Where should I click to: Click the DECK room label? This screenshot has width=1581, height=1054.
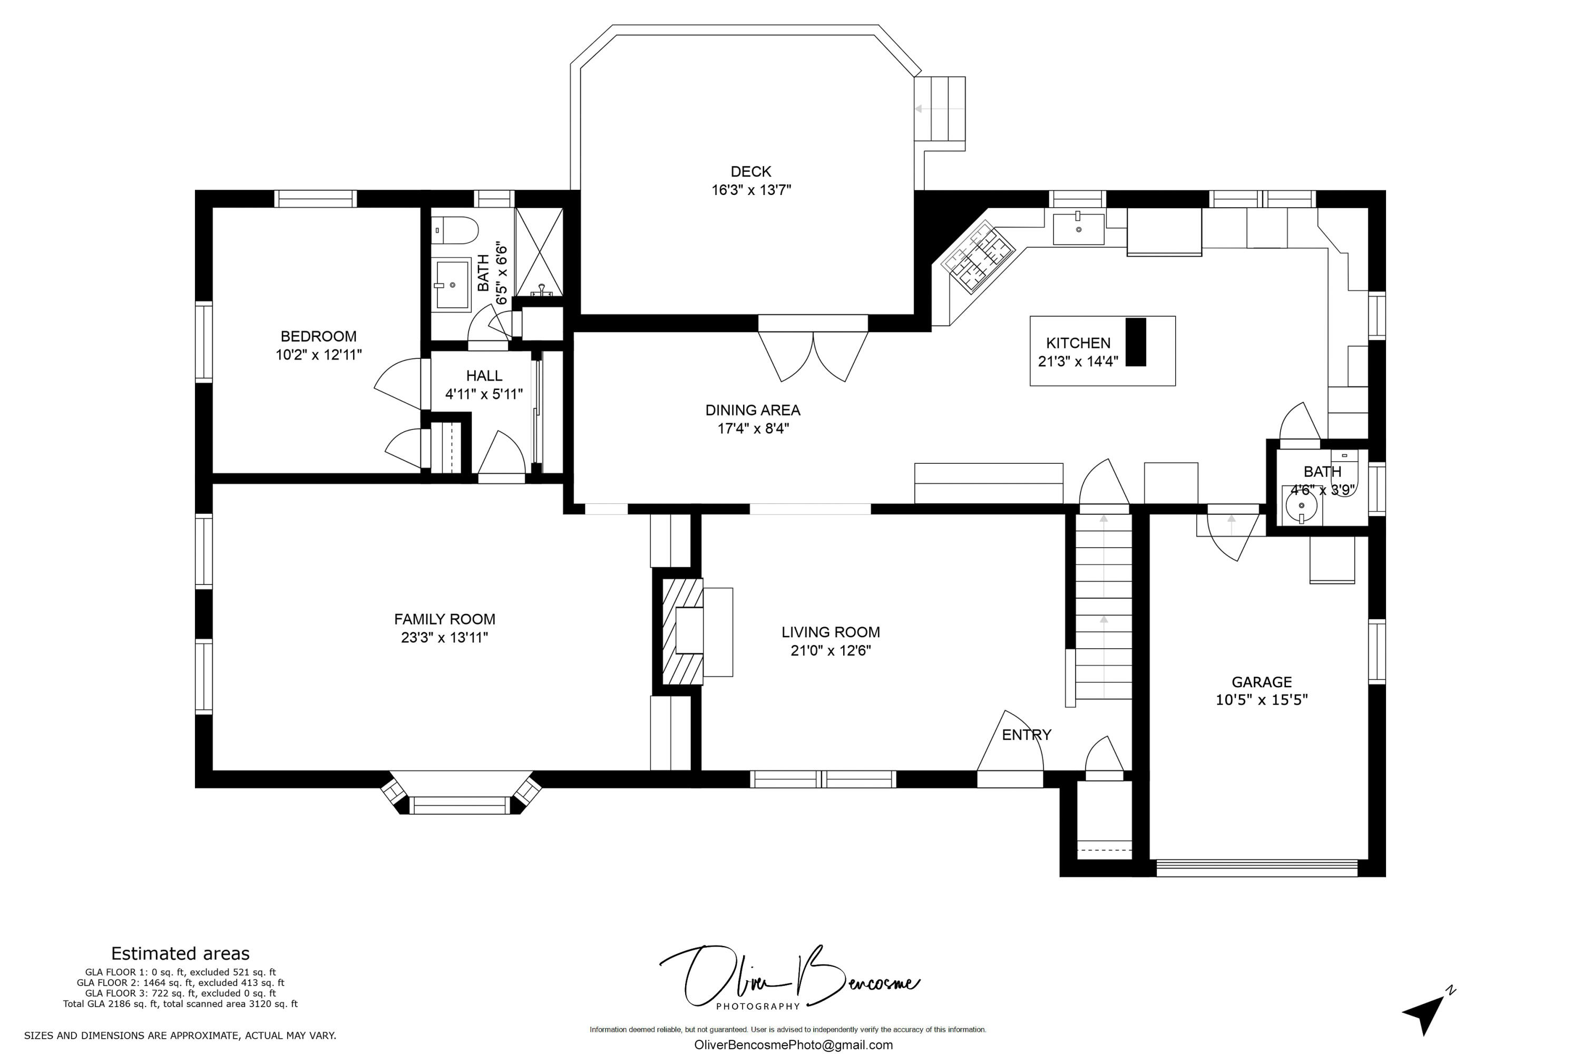tap(751, 171)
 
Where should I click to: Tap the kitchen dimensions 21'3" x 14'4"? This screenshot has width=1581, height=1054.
tap(1078, 362)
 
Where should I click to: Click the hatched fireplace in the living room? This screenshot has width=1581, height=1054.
tap(682, 631)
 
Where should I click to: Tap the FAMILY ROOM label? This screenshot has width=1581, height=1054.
tap(444, 619)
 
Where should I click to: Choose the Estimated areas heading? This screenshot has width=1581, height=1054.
tap(180, 953)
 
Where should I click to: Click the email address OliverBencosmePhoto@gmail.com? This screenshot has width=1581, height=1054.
tap(793, 1045)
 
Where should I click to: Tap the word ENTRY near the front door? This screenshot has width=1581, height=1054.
tap(1027, 735)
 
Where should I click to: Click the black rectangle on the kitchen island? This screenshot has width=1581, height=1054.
tap(1135, 342)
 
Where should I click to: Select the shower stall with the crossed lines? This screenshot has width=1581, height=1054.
tap(539, 251)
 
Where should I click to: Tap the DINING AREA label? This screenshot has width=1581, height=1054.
tap(753, 410)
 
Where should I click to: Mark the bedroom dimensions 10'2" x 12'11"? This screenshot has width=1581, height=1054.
tap(319, 354)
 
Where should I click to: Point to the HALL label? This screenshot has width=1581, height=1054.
tap(484, 376)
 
